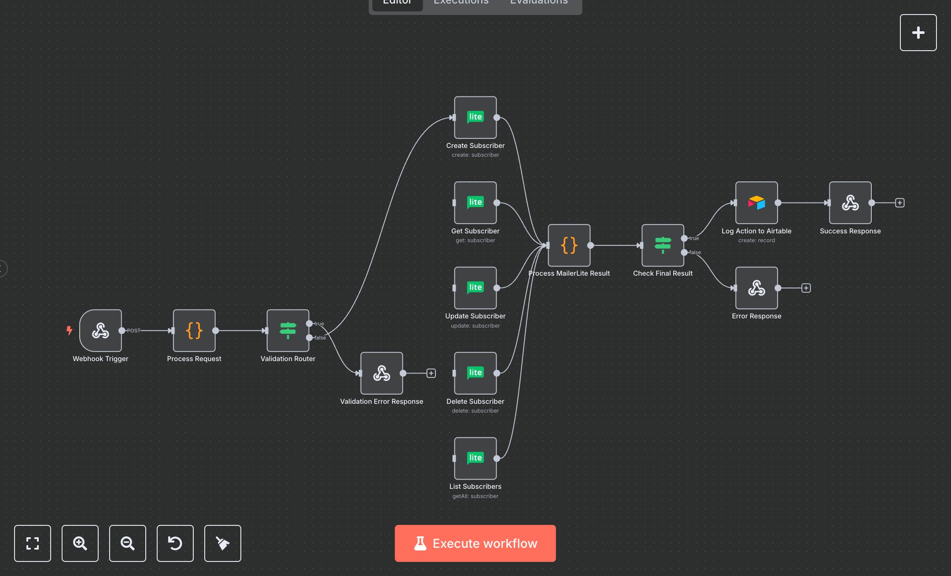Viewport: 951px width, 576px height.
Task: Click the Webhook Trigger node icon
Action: coord(100,330)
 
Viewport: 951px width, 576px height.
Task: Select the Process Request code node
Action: coord(194,330)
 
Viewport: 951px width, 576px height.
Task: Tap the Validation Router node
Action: coord(288,330)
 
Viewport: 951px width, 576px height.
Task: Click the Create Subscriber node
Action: coord(475,117)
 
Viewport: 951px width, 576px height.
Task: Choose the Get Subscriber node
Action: coord(475,203)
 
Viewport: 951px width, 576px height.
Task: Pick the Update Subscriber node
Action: coord(475,288)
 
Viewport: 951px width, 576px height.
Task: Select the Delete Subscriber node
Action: coord(475,373)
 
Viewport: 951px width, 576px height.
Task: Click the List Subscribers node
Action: coord(475,458)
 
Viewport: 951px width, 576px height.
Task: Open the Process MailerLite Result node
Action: coord(569,245)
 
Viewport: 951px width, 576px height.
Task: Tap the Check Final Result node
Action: coord(663,245)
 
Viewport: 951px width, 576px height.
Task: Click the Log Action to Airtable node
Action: coord(756,203)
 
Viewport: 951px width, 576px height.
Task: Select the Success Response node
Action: coord(850,203)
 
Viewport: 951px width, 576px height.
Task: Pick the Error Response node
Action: coord(756,288)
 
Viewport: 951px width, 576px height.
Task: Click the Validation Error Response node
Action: coord(382,373)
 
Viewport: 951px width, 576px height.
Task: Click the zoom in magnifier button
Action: coord(80,543)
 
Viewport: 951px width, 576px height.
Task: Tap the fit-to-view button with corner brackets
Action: coord(33,543)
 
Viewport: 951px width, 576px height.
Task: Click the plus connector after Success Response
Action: coord(900,203)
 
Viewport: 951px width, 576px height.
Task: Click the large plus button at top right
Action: coord(918,33)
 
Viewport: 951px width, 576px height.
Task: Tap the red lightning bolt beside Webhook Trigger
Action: coord(69,330)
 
